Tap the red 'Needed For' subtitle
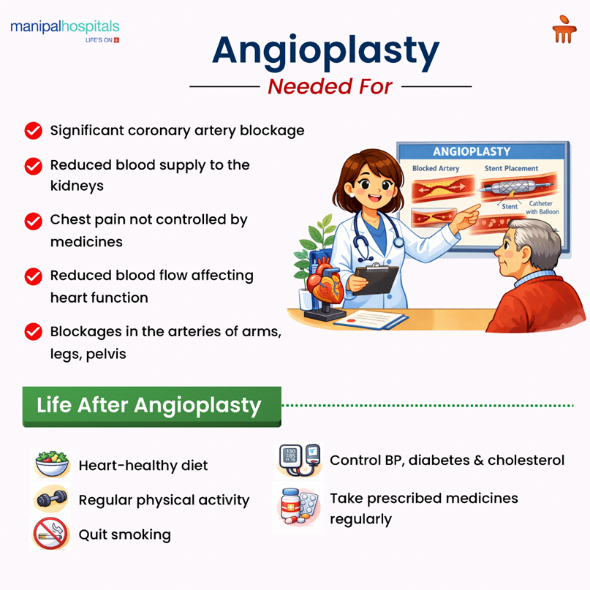330,86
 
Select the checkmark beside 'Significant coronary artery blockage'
33,131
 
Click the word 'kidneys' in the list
77,186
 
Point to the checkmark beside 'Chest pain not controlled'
33,221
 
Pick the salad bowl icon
52,464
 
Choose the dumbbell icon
52,500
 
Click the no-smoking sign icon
50,534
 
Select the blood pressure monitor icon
299,459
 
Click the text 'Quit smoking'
124,534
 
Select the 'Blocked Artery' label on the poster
435,168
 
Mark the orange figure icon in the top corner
564,31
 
